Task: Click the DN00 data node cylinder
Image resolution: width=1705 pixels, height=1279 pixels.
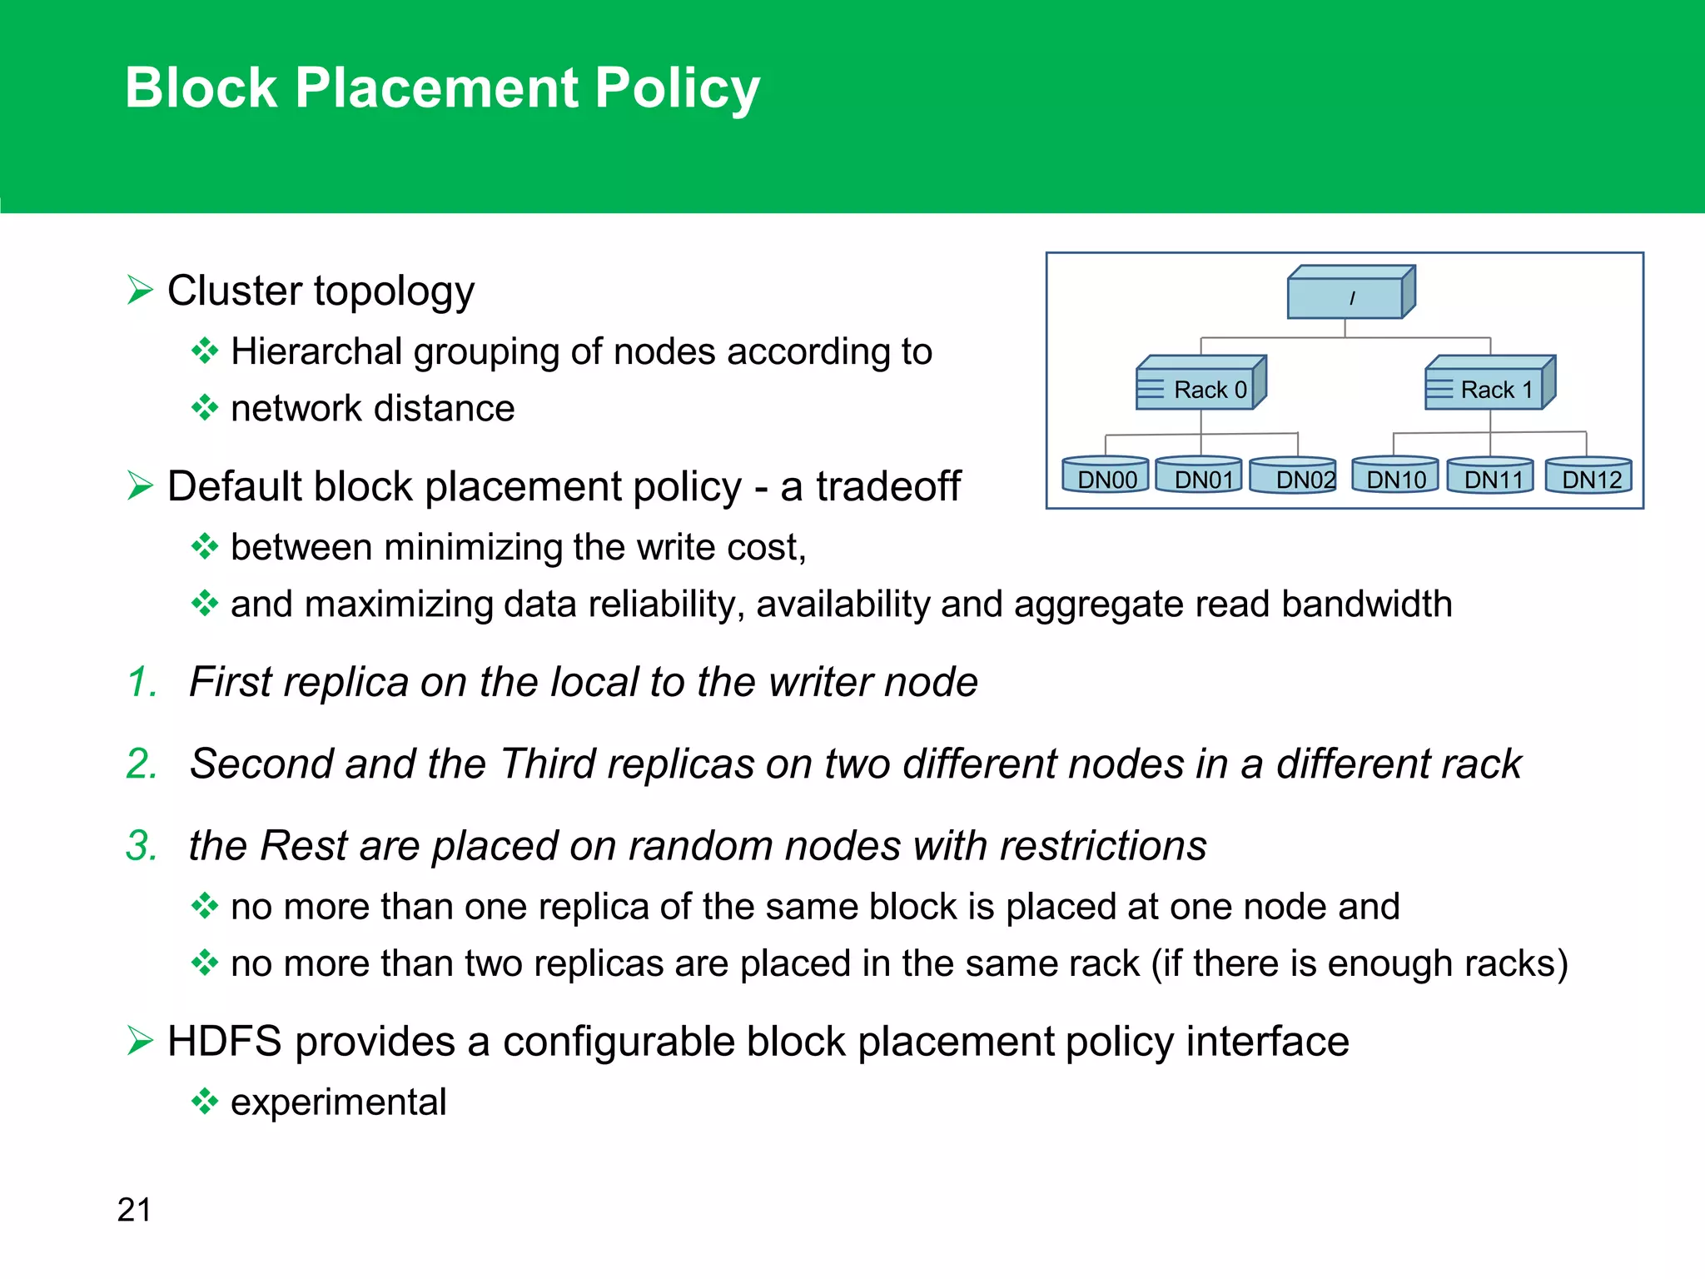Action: (1106, 477)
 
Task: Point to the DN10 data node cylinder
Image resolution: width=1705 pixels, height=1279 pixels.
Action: (1395, 477)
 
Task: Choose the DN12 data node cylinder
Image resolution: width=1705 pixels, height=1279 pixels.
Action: (1588, 477)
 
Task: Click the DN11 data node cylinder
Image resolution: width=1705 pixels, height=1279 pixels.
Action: (1490, 477)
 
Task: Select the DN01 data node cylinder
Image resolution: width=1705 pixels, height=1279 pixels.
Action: (1199, 477)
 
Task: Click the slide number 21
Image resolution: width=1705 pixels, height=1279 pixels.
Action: (135, 1210)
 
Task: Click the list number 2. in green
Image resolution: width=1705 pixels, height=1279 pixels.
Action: (142, 764)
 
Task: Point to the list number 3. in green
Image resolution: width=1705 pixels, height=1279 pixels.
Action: (142, 845)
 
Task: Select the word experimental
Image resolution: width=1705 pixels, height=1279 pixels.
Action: (338, 1102)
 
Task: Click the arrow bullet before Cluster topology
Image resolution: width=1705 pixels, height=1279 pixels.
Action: (140, 291)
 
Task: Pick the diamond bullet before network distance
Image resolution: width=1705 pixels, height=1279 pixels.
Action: (204, 408)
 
